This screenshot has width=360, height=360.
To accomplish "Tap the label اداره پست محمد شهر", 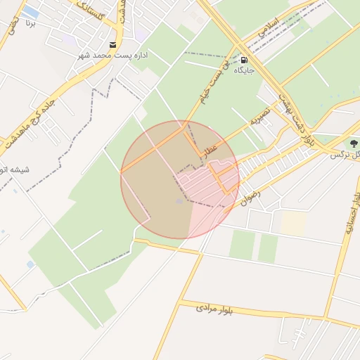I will tap(116, 55).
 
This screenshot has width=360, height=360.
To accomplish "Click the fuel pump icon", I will tap(245, 60).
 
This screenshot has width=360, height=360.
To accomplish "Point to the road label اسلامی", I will tap(269, 27).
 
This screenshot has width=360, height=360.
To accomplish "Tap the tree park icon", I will tap(354, 143).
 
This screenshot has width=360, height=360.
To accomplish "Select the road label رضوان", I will tap(251, 196).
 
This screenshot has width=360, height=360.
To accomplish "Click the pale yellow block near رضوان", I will tap(294, 224).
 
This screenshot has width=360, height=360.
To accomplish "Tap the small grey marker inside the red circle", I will tap(179, 202).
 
